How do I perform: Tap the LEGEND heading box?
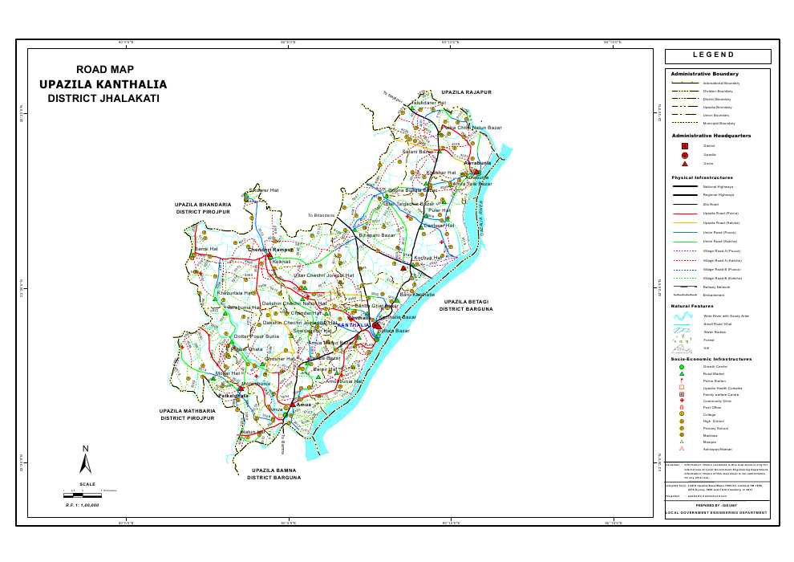[717, 56]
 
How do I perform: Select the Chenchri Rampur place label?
[272, 250]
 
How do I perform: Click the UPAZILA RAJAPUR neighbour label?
[466, 92]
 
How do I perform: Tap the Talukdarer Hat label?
[428, 103]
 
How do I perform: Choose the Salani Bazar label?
[417, 151]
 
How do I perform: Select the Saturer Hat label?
[264, 190]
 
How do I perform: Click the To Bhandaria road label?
[322, 216]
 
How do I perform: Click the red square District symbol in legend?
[684, 145]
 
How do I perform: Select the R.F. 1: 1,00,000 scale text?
[82, 505]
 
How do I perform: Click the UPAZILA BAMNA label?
[273, 470]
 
